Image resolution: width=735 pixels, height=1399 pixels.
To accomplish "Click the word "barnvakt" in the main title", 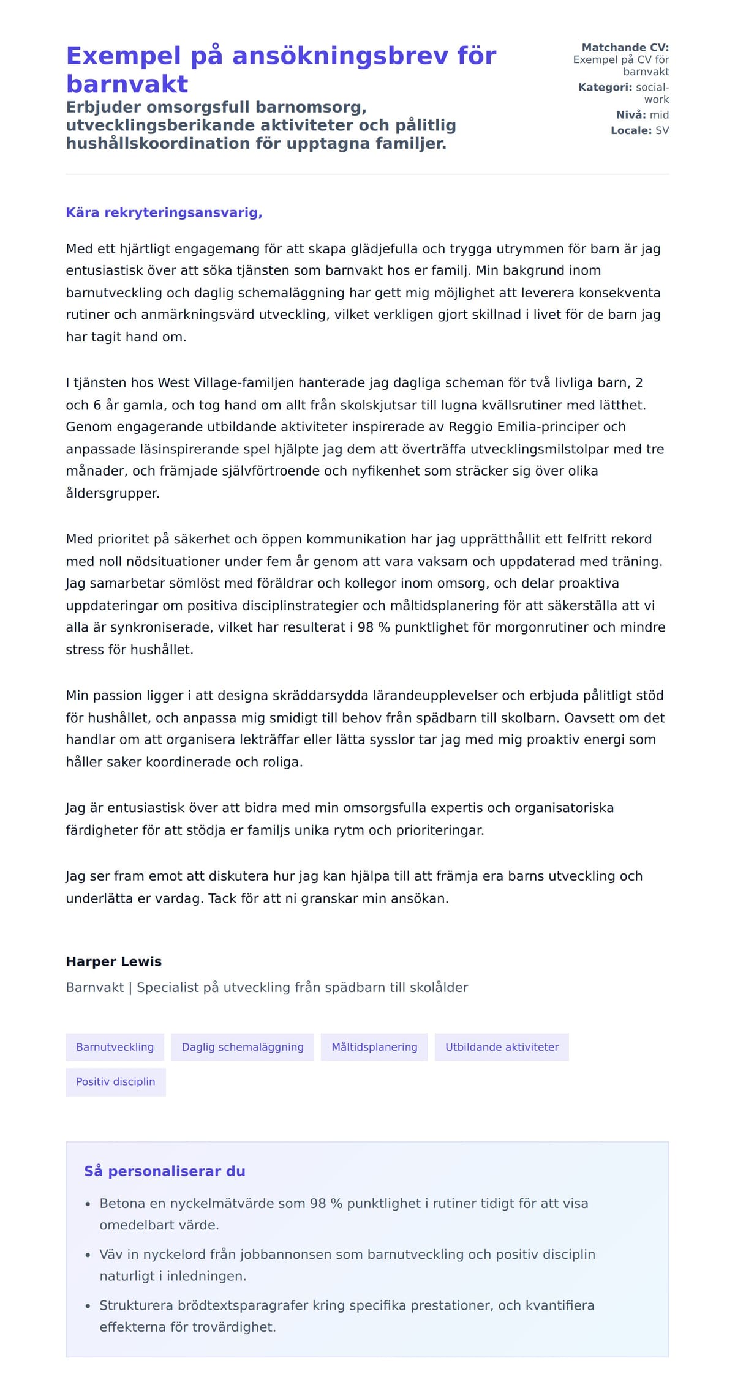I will [x=127, y=84].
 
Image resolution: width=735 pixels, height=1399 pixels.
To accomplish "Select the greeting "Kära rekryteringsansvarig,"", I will [x=164, y=212].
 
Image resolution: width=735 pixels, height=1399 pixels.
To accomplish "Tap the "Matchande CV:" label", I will [x=625, y=47].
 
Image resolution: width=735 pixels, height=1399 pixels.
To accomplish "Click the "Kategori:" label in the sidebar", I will [x=605, y=87].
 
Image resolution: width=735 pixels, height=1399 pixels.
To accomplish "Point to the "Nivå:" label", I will [x=630, y=114].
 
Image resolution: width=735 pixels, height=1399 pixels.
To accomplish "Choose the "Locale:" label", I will [x=631, y=130].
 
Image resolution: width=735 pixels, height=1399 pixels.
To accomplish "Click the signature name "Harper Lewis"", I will [x=114, y=961].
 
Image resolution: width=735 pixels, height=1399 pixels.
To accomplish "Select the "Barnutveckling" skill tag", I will [x=115, y=1046].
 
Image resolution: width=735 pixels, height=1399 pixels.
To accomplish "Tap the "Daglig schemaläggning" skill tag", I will [x=243, y=1046].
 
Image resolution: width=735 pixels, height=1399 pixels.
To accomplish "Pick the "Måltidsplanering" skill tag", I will [x=374, y=1046].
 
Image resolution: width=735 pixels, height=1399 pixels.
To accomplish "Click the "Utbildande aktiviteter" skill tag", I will [x=502, y=1046].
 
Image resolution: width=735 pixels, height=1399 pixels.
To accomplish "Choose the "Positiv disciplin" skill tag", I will [x=116, y=1081].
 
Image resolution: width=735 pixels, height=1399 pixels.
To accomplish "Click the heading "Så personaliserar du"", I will [x=165, y=1171].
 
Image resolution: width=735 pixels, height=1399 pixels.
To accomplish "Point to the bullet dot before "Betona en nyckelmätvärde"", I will [x=88, y=1204].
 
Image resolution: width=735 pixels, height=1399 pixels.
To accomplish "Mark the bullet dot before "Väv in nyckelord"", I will [x=88, y=1255].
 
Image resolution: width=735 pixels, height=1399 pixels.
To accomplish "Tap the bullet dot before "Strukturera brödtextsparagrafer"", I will [x=88, y=1306].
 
